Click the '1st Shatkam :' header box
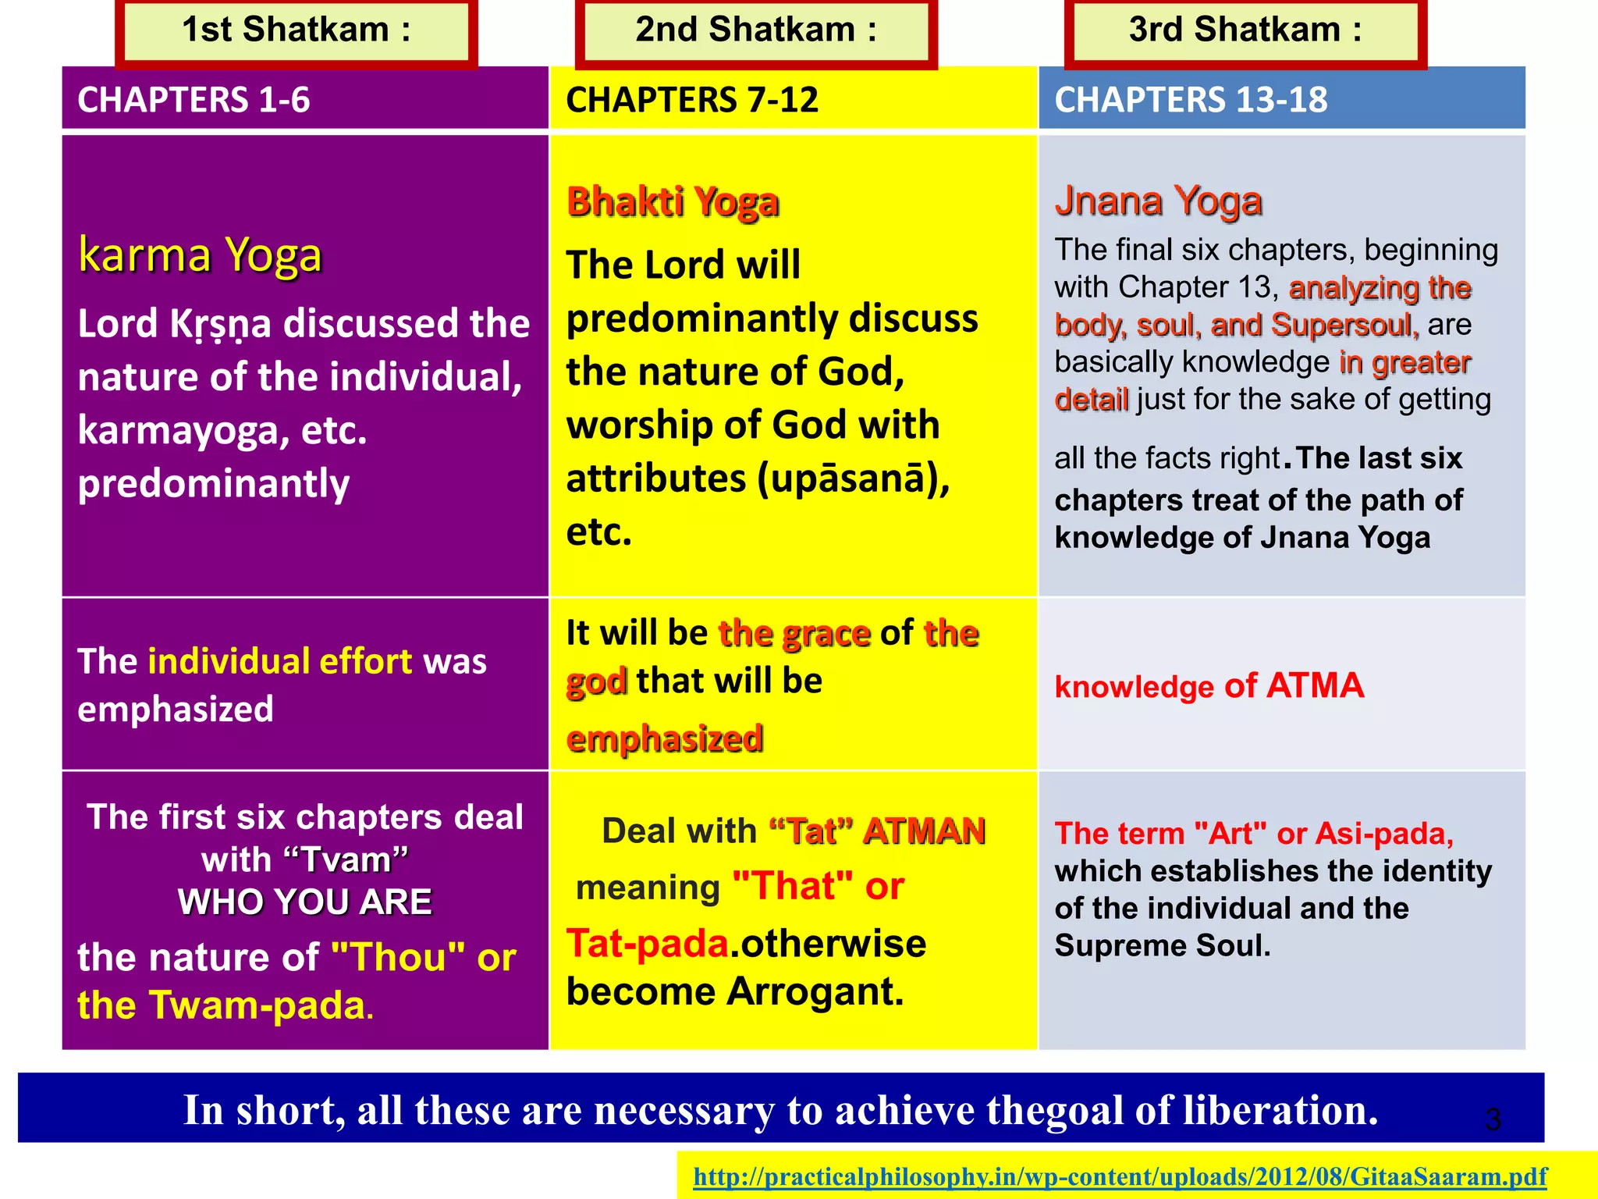click(x=297, y=31)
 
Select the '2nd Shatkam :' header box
click(x=756, y=31)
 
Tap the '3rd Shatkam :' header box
click(x=1245, y=31)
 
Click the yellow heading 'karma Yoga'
click(x=200, y=255)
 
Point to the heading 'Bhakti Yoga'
click(x=673, y=202)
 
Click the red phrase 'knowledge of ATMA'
click(x=1209, y=686)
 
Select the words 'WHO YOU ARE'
click(x=304, y=902)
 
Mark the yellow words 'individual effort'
click(x=279, y=661)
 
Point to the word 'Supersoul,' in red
click(x=1344, y=325)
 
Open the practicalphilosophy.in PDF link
click(x=1120, y=1176)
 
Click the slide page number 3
click(x=1493, y=1119)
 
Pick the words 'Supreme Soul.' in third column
click(x=1163, y=945)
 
